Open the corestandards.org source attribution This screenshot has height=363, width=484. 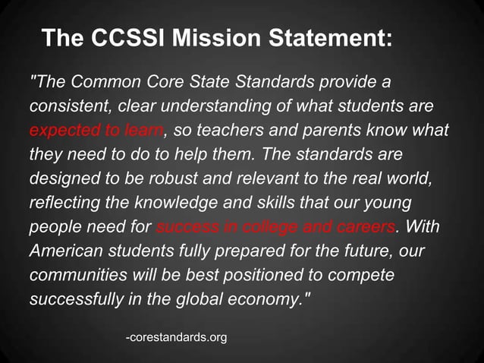176,336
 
